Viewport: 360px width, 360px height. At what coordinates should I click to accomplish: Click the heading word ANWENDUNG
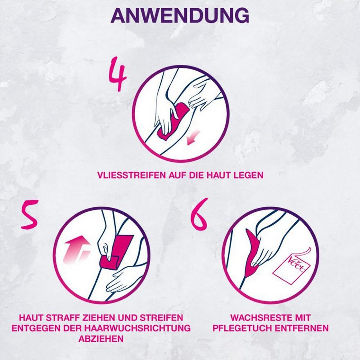[x=180, y=16]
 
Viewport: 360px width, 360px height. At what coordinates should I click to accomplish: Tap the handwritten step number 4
[x=117, y=75]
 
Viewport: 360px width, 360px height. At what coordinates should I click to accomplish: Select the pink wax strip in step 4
[x=172, y=121]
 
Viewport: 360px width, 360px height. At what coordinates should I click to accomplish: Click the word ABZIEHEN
[x=101, y=338]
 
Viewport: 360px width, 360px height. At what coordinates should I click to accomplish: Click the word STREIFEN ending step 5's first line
[x=162, y=317]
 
